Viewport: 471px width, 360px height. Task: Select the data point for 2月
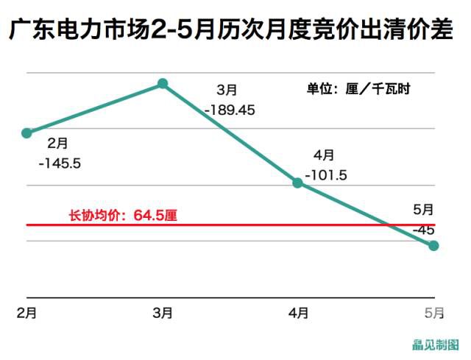27,133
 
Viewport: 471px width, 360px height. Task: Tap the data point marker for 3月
163,84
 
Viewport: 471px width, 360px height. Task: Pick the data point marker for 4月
298,182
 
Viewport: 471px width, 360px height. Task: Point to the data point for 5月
434,245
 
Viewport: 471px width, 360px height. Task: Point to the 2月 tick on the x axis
26,313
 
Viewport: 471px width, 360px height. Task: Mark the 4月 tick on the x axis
298,313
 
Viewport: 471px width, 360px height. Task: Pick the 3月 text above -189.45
227,90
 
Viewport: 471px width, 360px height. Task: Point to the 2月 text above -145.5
57,141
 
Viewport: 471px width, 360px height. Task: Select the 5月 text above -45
423,211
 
